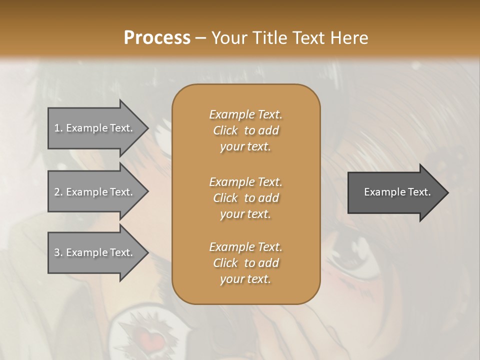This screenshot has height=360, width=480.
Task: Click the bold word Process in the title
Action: pyautogui.click(x=157, y=38)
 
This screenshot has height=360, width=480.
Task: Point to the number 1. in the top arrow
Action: pyautogui.click(x=58, y=128)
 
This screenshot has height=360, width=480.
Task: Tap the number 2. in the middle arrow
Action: pyautogui.click(x=58, y=192)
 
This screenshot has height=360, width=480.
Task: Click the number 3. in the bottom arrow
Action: pyautogui.click(x=58, y=252)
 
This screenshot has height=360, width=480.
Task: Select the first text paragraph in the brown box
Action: pyautogui.click(x=245, y=130)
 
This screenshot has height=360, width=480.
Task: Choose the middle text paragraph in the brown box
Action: pyautogui.click(x=245, y=197)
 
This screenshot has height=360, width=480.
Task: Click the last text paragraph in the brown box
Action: pyautogui.click(x=245, y=263)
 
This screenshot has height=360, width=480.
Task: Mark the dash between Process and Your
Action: pyautogui.click(x=201, y=38)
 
